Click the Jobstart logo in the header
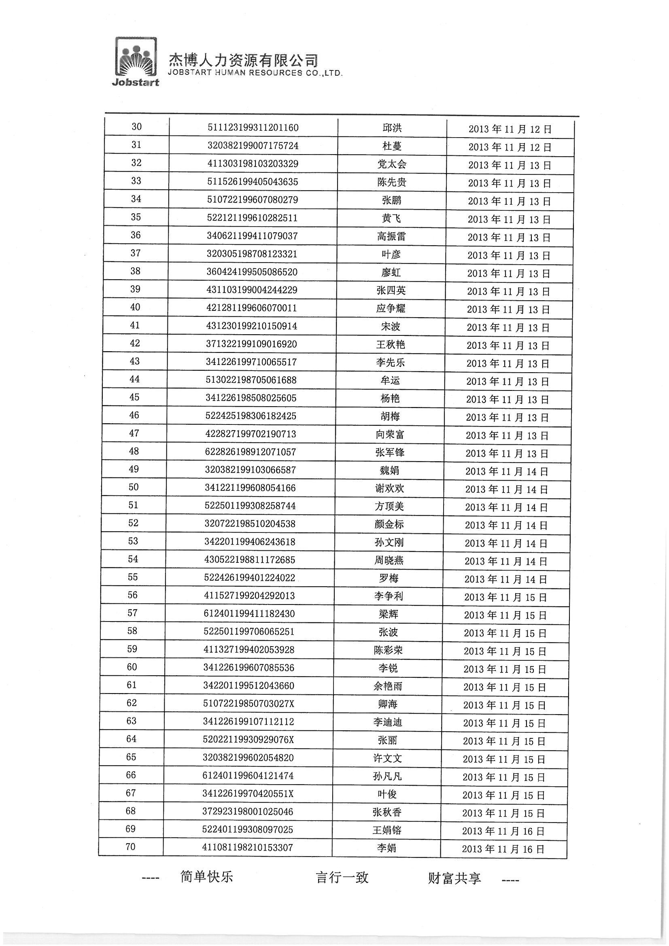tap(136, 62)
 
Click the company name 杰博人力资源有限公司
tap(243, 61)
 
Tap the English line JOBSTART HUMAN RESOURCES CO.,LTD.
tap(255, 73)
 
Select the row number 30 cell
tap(136, 127)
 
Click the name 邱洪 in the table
tap(392, 128)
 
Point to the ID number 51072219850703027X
tap(248, 703)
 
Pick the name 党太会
tap(392, 164)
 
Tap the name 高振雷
tap(391, 236)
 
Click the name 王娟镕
tap(387, 830)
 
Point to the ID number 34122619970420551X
tap(248, 793)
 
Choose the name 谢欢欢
tap(389, 489)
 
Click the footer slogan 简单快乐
tap(206, 876)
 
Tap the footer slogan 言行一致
tap(342, 877)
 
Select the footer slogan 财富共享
tap(454, 878)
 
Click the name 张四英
tap(391, 291)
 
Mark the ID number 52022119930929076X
tap(248, 740)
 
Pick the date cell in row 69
tap(503, 831)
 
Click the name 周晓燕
tap(389, 560)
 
